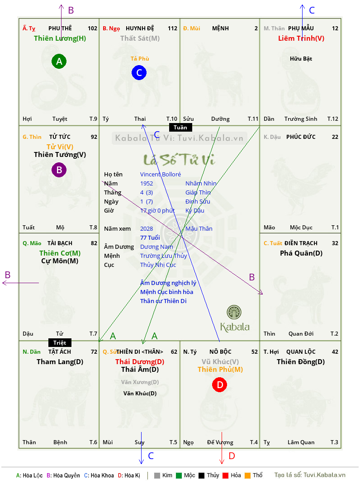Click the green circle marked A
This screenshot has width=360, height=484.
tap(59, 61)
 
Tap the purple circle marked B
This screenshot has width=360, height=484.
tap(59, 170)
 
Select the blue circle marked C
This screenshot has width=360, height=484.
tap(139, 72)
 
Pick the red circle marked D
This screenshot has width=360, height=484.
tap(219, 384)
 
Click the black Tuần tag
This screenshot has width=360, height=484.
tap(180, 128)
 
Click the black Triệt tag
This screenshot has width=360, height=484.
tap(60, 342)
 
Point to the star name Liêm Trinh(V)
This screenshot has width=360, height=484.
tap(301, 38)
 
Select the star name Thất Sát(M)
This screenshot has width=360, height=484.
tap(140, 38)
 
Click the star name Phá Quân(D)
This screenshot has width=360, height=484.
tap(301, 253)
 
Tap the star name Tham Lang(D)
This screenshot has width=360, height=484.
tap(60, 362)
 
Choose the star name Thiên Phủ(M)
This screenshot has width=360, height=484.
tap(220, 370)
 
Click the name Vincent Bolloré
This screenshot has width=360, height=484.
tap(160, 175)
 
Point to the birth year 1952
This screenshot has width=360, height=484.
tap(147, 183)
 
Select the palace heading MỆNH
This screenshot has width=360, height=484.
tap(220, 28)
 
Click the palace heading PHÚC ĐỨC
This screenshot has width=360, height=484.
tap(301, 137)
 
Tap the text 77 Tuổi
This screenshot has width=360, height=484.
tap(150, 237)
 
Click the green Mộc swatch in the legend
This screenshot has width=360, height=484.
tap(179, 475)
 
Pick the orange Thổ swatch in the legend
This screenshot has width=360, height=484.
tap(248, 475)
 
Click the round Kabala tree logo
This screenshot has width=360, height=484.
tap(234, 312)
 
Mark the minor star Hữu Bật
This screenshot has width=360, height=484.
tap(301, 59)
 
